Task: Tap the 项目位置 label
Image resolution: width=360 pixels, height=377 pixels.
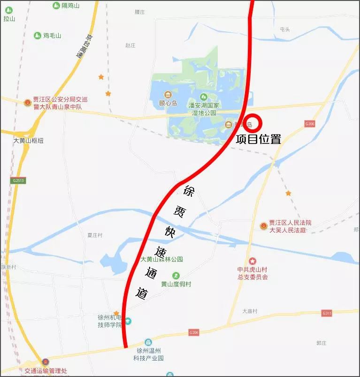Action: (x=258, y=139)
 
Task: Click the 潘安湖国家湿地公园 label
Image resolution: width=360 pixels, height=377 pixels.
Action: (x=203, y=109)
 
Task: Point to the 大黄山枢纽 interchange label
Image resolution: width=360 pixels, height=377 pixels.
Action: (x=28, y=141)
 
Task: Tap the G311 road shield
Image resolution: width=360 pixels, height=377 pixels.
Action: (x=327, y=313)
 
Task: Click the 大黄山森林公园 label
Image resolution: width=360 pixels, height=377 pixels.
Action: (x=161, y=259)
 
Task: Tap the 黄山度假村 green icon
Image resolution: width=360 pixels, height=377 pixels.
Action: (x=176, y=275)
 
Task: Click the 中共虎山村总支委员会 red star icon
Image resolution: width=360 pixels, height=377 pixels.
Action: (x=253, y=261)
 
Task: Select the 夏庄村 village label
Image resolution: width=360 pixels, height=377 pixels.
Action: (x=95, y=235)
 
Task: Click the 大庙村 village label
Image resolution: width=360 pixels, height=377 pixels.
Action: (x=250, y=311)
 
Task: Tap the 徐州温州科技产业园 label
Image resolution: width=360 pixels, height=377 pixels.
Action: (x=148, y=354)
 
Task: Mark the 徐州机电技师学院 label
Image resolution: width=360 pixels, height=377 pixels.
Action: (x=109, y=321)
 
